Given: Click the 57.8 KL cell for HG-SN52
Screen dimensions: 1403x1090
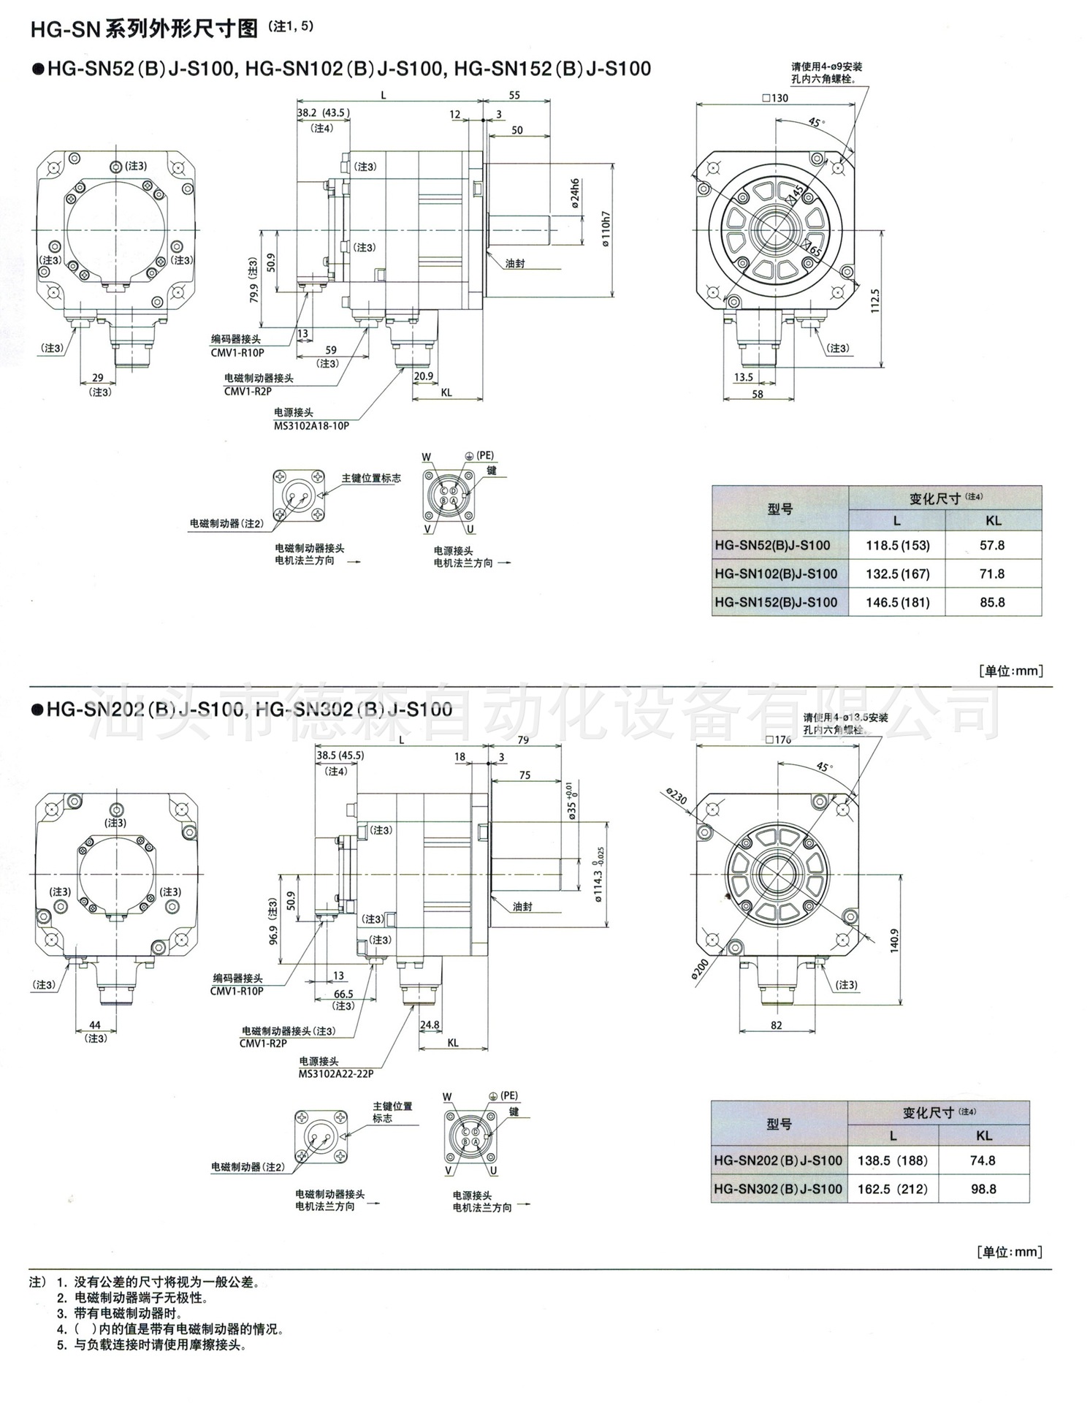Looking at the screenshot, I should coord(991,545).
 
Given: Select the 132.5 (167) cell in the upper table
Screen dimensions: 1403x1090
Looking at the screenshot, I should coord(897,574).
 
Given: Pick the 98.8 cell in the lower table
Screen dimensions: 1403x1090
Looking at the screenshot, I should coord(983,1189).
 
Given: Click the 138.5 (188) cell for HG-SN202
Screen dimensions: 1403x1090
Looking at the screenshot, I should coord(892,1160).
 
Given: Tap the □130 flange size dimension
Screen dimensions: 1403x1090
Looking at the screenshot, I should coord(774,98).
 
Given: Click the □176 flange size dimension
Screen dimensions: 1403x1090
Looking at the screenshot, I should coord(777,739).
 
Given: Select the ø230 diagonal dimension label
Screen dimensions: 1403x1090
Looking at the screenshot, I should coord(677,796).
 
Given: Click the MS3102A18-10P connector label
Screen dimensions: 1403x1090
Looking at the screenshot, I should coord(311,425).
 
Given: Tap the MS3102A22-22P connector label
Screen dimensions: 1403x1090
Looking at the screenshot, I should coord(335,1073).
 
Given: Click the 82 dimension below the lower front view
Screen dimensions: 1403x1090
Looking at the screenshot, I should coord(776,1025).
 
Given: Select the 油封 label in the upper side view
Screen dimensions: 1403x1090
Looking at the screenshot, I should coord(515,263).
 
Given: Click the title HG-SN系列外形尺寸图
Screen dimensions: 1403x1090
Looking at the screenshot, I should coord(144,29).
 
